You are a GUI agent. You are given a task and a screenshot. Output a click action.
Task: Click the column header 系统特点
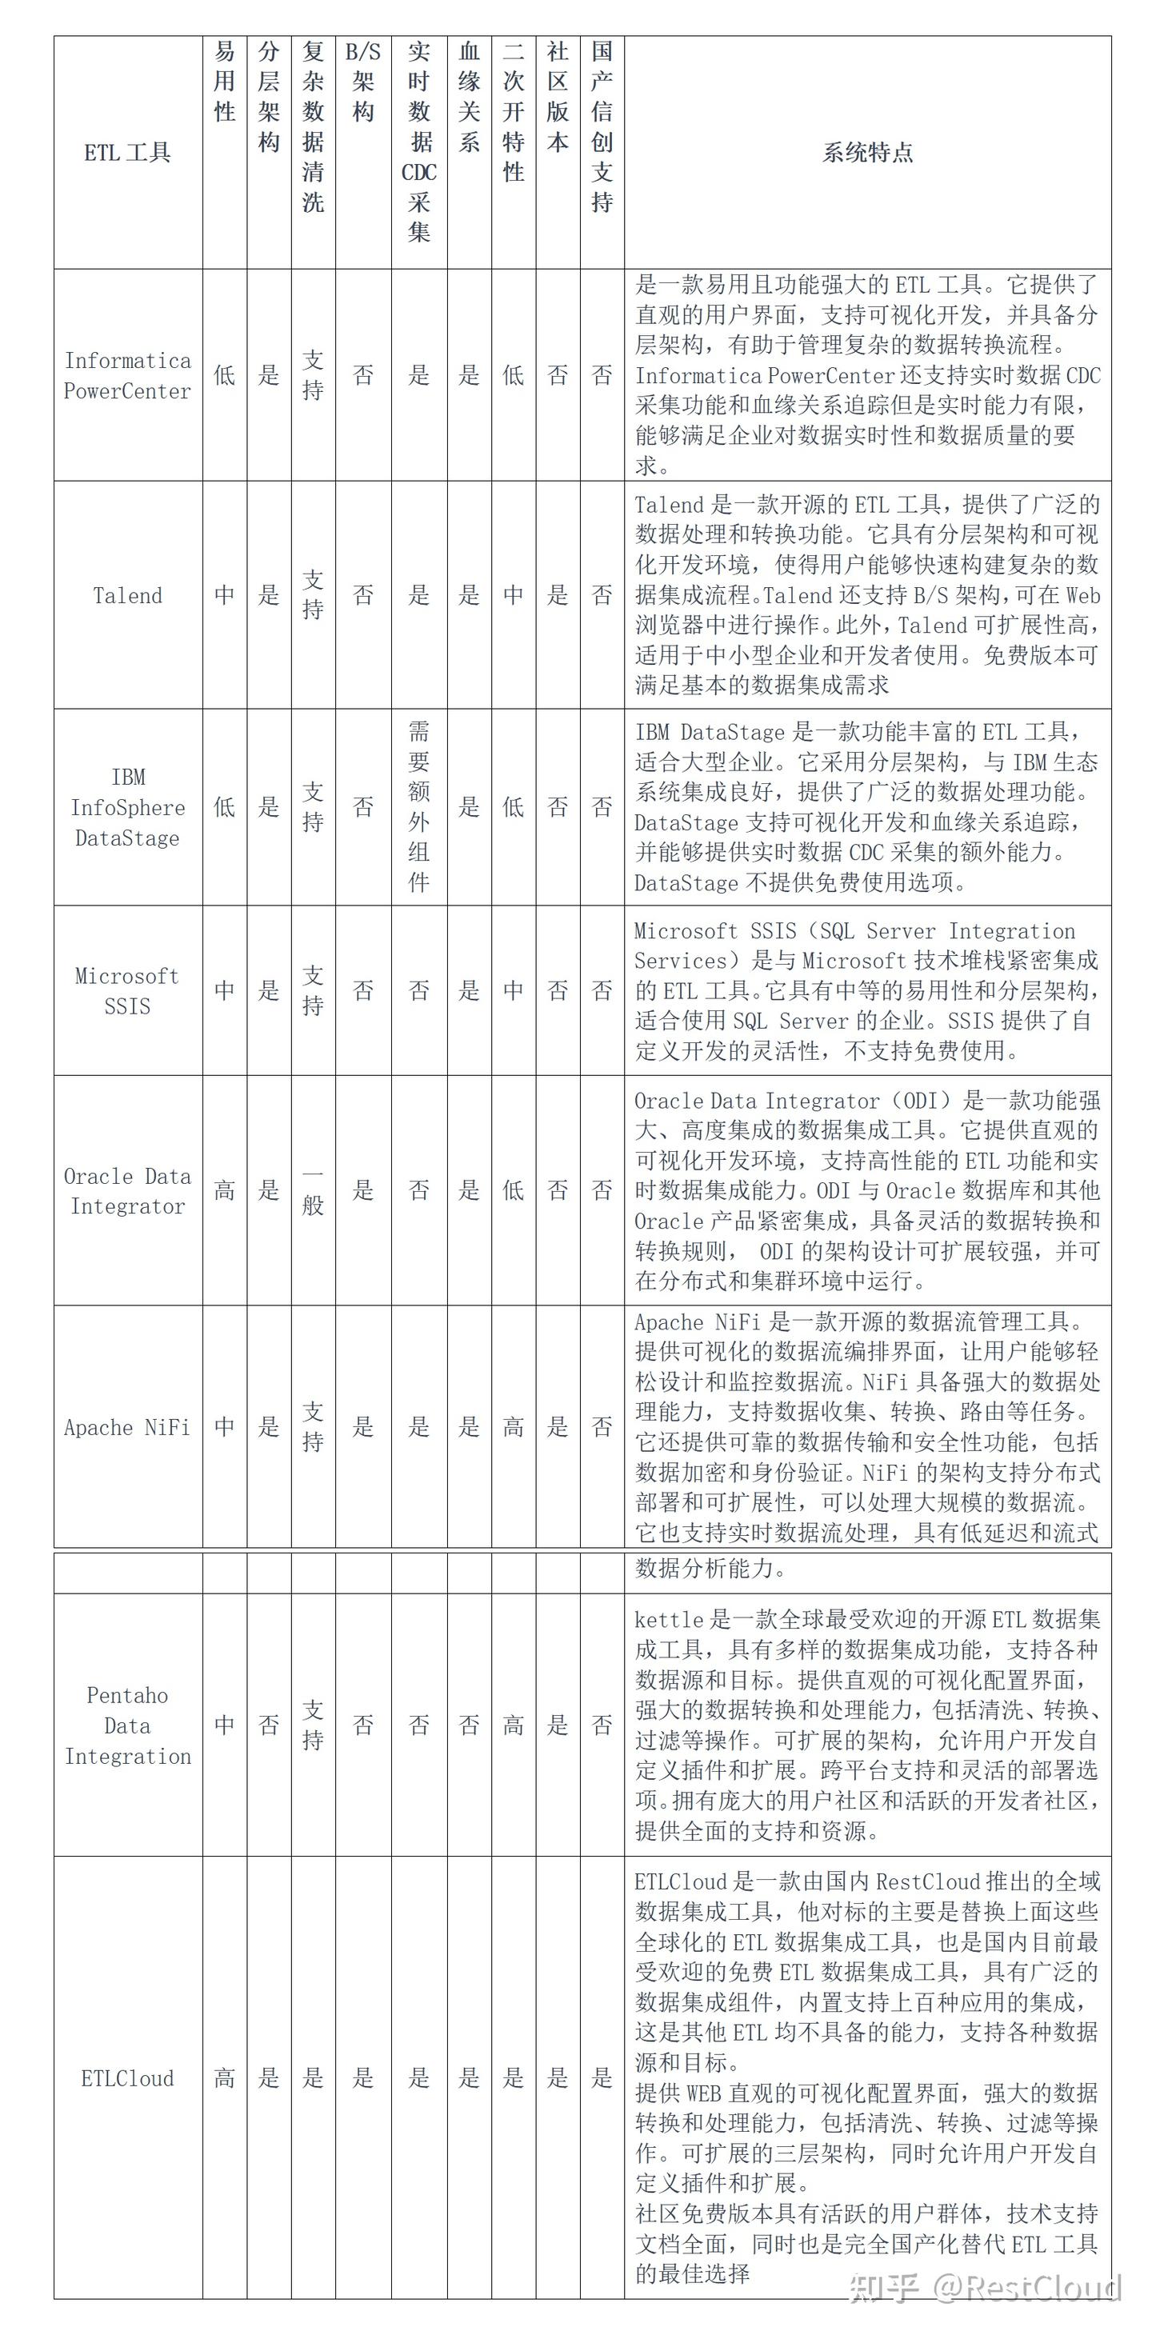(x=866, y=152)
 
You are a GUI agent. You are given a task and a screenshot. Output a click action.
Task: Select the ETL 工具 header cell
(x=127, y=152)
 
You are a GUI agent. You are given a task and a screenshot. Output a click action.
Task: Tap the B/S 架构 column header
(x=362, y=82)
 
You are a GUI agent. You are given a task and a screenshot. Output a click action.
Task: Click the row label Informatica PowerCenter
(x=127, y=375)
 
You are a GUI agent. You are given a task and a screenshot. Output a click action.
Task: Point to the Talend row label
(x=127, y=595)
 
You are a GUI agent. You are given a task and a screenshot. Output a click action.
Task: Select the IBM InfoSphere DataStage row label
(x=127, y=807)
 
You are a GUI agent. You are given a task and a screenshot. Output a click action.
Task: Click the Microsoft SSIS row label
(x=127, y=991)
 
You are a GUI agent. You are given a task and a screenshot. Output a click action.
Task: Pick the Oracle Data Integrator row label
(x=127, y=1191)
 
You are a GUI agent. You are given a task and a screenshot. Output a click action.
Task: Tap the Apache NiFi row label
(x=127, y=1427)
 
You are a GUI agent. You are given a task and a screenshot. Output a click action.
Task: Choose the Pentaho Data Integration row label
(x=127, y=1725)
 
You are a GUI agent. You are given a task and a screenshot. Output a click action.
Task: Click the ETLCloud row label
(x=127, y=2078)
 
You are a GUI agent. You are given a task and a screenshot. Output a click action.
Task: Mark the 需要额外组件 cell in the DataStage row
(x=418, y=807)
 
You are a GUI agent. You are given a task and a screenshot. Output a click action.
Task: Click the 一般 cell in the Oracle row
(x=313, y=1191)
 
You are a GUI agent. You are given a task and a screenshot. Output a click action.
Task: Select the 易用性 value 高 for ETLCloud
(x=224, y=2078)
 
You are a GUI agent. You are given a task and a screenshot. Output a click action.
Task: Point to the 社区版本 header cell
(x=558, y=97)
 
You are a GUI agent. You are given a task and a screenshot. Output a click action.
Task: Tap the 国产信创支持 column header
(x=602, y=127)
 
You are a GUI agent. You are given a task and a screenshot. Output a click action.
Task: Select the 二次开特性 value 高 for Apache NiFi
(x=513, y=1427)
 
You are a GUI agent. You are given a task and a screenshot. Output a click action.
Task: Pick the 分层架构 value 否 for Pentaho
(x=268, y=1725)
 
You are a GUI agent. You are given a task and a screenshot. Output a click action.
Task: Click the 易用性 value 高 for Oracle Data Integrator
(x=224, y=1191)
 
